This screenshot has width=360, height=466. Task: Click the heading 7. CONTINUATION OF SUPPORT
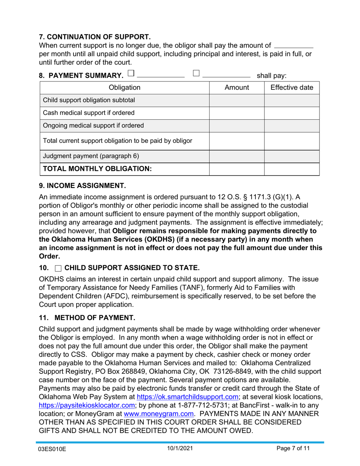pos(95,37)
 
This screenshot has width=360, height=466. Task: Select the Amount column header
pos(237,88)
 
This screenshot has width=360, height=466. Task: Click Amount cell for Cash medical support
pos(237,113)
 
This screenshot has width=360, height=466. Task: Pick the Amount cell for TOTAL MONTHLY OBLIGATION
pos(237,169)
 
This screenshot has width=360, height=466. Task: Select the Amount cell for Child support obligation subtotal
pos(237,100)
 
